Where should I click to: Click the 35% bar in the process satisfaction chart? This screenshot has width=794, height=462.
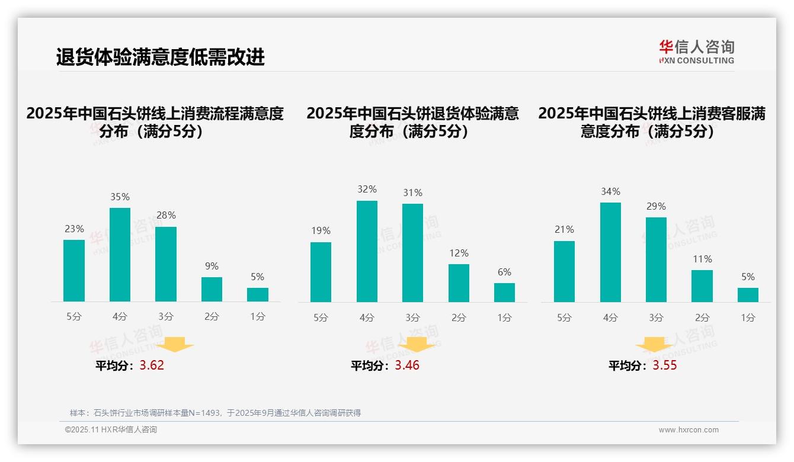coord(120,255)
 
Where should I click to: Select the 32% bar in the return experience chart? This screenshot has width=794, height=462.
coord(367,252)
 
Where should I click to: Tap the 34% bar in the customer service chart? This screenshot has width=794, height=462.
coord(610,252)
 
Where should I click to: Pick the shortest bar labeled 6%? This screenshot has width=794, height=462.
coord(504,293)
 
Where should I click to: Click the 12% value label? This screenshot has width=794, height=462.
coord(459,253)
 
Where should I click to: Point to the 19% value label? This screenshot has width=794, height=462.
coord(321,230)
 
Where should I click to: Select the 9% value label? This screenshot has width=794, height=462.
coord(212,266)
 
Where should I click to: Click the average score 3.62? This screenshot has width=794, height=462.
coord(152,365)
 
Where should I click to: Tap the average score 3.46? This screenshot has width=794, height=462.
coord(407,365)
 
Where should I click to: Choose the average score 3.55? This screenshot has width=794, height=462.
coord(665,365)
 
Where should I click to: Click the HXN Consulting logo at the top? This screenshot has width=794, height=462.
coord(696,52)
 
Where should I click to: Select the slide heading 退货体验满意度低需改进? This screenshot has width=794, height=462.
coord(160,57)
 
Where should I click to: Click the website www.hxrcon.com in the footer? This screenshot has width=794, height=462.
coord(689,430)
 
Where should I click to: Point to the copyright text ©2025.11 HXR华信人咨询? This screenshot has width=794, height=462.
coord(111,430)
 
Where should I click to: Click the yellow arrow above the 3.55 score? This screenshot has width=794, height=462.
coord(654,345)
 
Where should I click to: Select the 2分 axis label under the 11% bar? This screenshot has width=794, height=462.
coord(702,317)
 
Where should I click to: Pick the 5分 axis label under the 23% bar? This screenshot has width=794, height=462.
coord(74,317)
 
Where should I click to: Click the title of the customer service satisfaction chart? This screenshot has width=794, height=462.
coord(652,122)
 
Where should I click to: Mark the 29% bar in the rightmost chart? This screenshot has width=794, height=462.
coord(656,259)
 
